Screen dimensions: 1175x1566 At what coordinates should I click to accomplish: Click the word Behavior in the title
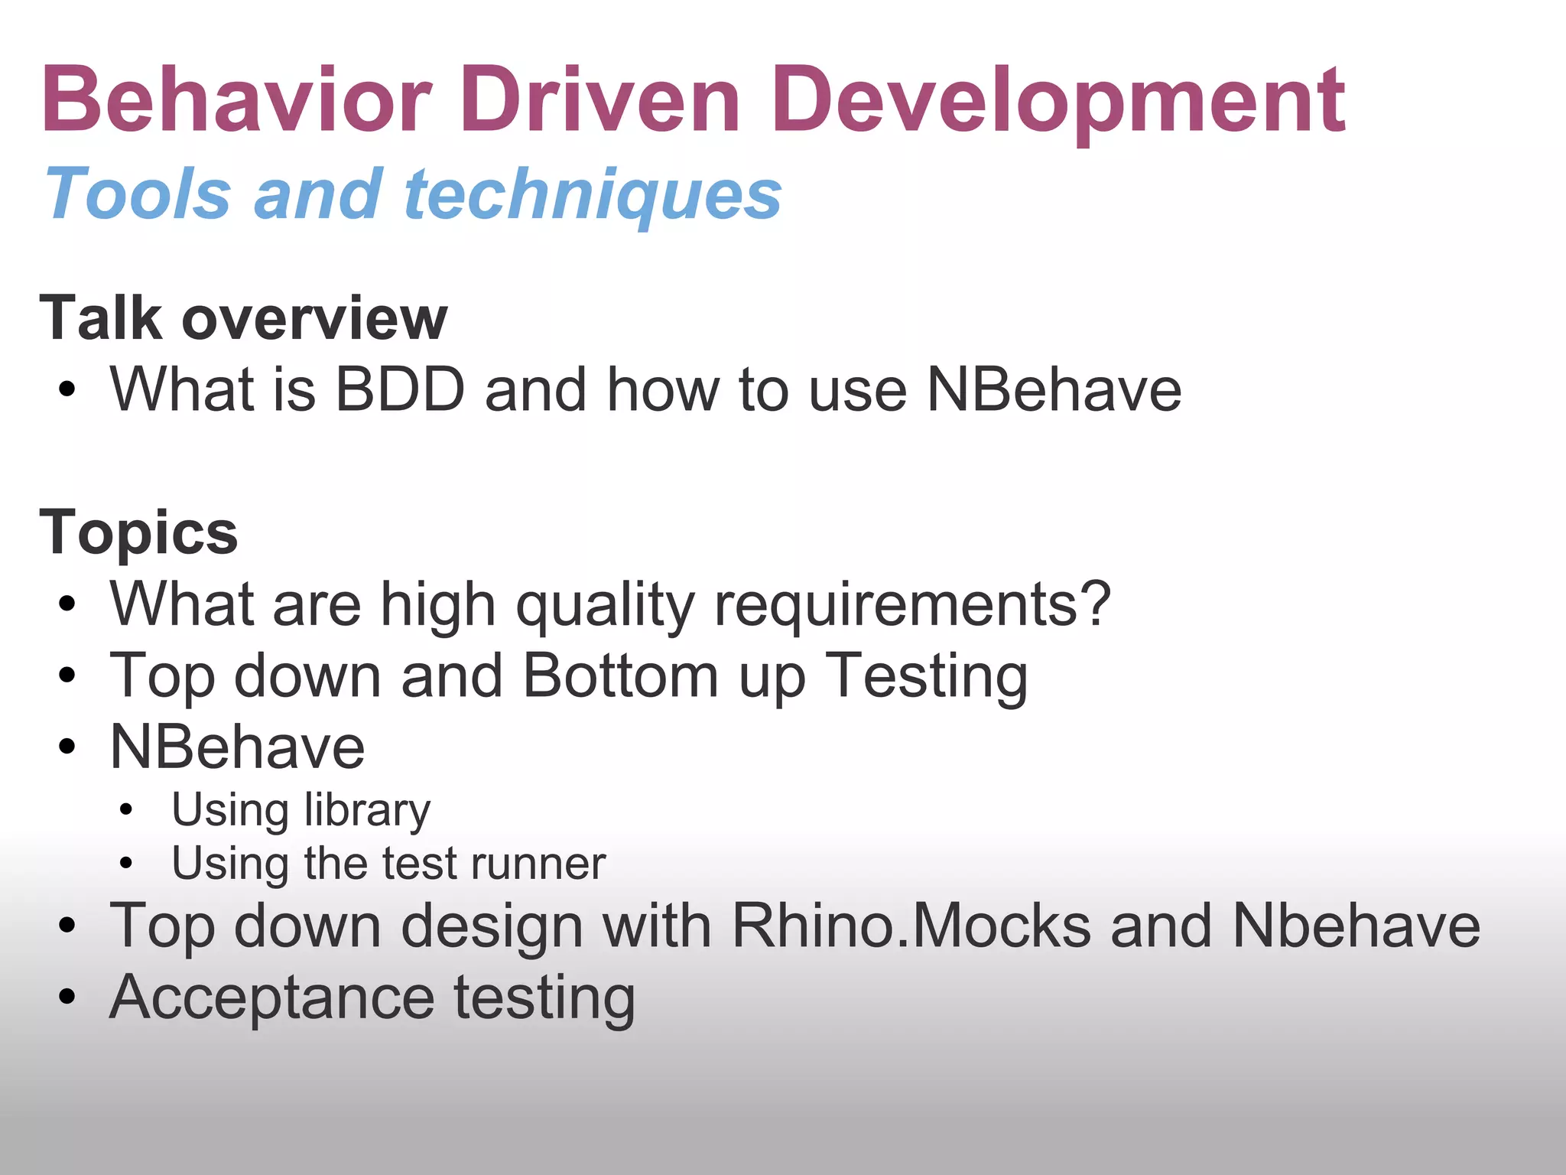coord(237,99)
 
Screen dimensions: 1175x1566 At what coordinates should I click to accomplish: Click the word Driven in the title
coord(599,99)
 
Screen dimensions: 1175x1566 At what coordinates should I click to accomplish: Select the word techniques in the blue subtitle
coord(593,195)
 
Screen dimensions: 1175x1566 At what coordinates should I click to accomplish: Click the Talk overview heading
coord(243,317)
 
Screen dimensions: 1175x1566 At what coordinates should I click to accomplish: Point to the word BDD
coord(400,390)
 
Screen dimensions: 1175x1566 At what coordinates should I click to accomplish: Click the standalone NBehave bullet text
coord(237,747)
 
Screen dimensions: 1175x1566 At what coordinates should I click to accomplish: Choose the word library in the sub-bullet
coord(367,810)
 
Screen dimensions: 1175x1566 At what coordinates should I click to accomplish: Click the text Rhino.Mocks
coord(911,926)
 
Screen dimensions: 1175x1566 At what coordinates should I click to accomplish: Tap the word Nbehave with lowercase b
coord(1356,926)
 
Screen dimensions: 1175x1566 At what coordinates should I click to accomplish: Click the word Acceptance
coord(272,999)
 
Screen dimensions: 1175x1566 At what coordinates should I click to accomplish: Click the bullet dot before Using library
coord(126,809)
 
